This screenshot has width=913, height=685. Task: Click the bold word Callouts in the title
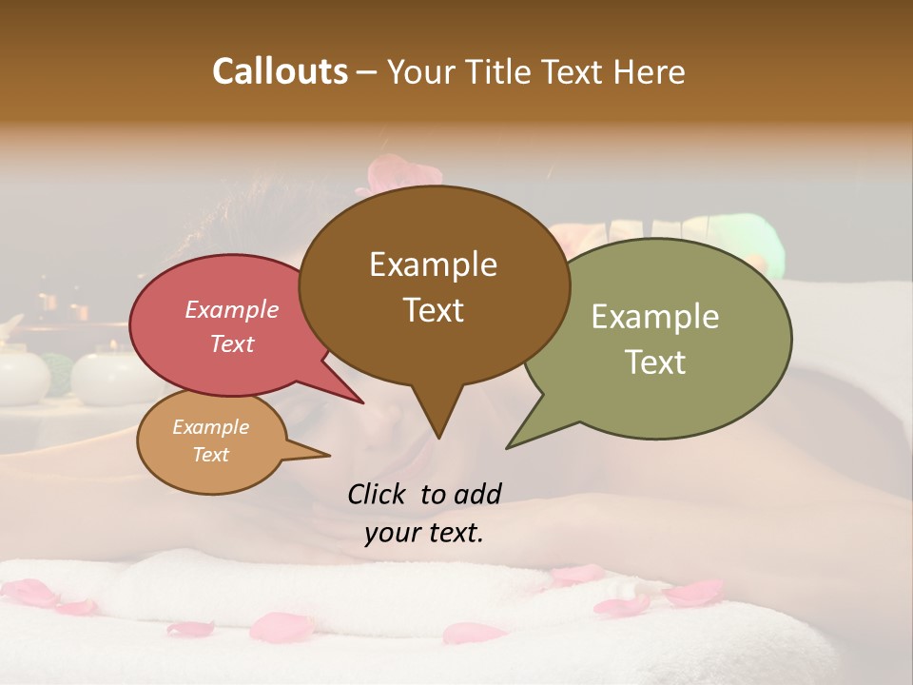coord(280,71)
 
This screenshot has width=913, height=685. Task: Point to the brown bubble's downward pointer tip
coord(438,438)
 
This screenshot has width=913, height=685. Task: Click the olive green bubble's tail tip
coord(509,447)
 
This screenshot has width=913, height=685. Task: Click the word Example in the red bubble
coord(231,309)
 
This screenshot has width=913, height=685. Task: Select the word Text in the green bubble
coord(655,362)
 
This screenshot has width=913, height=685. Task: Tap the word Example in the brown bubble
coord(433,264)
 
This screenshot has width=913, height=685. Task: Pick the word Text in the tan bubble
coord(210,455)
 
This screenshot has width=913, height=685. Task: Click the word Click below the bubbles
coord(378,494)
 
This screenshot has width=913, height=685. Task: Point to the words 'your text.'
coord(423,533)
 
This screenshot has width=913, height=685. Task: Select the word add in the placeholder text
coord(477,494)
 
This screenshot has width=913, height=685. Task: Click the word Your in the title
coord(421,71)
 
